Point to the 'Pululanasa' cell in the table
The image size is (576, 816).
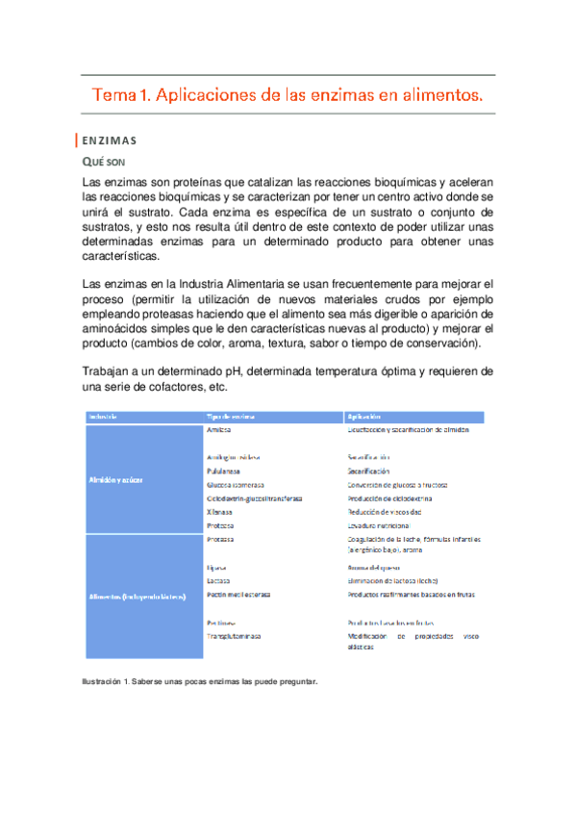point(222,472)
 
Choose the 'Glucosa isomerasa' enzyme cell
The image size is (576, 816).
point(241,485)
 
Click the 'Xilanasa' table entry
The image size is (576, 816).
point(220,513)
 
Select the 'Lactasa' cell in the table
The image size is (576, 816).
point(218,582)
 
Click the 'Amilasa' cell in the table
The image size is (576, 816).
point(220,430)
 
